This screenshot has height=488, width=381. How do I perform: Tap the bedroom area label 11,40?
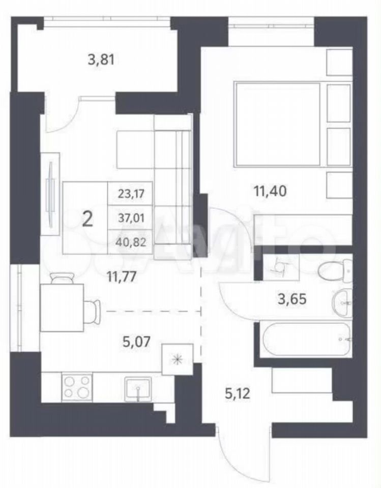[271, 191]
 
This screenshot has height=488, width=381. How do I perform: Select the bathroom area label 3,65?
[292, 299]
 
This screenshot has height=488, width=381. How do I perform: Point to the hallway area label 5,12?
[237, 394]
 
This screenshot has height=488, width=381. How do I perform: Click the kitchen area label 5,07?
[137, 342]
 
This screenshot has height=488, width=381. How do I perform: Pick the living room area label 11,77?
[121, 277]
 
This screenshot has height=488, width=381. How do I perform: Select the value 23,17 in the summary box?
[131, 194]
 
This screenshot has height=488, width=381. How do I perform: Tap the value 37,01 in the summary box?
[131, 218]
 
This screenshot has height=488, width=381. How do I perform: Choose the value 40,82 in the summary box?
[131, 242]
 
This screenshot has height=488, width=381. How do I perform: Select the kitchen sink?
[138, 389]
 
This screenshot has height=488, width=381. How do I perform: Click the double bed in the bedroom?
[278, 123]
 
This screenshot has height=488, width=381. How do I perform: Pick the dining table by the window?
[62, 308]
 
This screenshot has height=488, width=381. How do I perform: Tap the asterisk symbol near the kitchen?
[177, 359]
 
